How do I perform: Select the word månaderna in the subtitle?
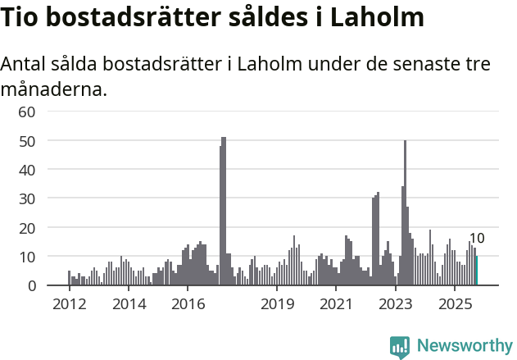click(54, 89)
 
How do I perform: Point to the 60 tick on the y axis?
click(27, 112)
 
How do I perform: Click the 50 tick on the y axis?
click(27, 140)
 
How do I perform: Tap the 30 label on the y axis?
click(27, 198)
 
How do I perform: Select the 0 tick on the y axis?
click(31, 285)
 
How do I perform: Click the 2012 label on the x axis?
click(69, 305)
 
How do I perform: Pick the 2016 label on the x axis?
click(188, 305)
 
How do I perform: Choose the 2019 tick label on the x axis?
click(277, 305)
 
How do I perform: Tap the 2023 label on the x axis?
click(396, 305)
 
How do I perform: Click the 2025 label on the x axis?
click(455, 305)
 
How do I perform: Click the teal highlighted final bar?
click(477, 271)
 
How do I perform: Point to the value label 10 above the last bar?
click(477, 239)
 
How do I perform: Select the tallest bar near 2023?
click(405, 213)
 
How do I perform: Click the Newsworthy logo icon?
click(400, 346)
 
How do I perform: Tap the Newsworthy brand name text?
click(465, 346)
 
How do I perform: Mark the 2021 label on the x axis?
click(336, 305)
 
